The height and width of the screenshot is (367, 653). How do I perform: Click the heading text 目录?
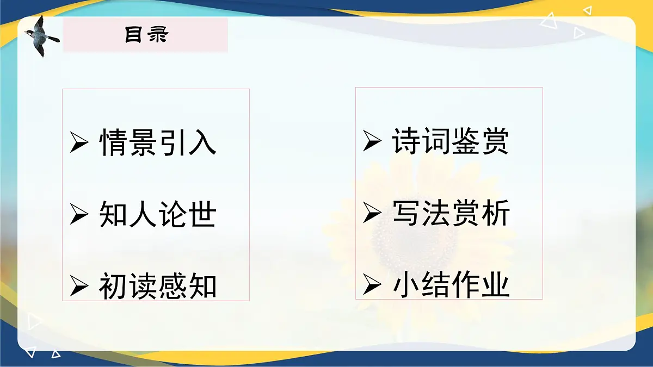[146, 35]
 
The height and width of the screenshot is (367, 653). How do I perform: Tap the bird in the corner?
[41, 35]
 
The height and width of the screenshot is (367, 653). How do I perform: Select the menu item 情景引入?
[158, 143]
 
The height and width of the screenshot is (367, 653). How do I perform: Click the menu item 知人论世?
[158, 214]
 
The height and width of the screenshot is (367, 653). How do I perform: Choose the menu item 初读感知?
[158, 286]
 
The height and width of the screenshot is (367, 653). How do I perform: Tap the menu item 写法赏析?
[451, 213]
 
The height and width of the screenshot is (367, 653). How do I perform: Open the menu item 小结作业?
[451, 285]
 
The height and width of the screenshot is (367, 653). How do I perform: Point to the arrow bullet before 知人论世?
[79, 215]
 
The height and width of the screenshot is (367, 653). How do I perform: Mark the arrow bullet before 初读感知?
[79, 287]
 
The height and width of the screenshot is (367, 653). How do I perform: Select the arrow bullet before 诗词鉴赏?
[372, 142]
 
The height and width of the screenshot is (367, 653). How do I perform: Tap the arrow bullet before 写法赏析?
[372, 214]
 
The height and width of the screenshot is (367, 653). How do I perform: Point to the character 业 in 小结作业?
[495, 285]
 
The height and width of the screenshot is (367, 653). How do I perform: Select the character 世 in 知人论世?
[202, 214]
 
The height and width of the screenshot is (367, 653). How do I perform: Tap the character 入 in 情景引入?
[202, 143]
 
